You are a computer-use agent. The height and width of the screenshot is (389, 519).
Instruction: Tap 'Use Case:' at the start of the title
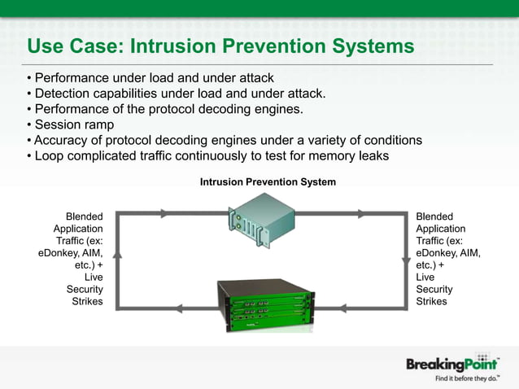pos(73,46)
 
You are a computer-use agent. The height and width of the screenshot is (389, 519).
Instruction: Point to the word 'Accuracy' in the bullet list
pos(62,140)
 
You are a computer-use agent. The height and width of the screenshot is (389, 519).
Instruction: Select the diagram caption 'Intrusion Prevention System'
pos(268,182)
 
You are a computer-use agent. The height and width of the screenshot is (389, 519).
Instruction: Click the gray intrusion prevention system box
pos(258,221)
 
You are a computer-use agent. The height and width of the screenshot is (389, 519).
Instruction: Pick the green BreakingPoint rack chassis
pos(264,306)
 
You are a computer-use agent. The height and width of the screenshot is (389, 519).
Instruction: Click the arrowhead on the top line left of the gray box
pos(164,214)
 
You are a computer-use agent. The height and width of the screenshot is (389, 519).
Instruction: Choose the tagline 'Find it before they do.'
pos(466,378)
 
